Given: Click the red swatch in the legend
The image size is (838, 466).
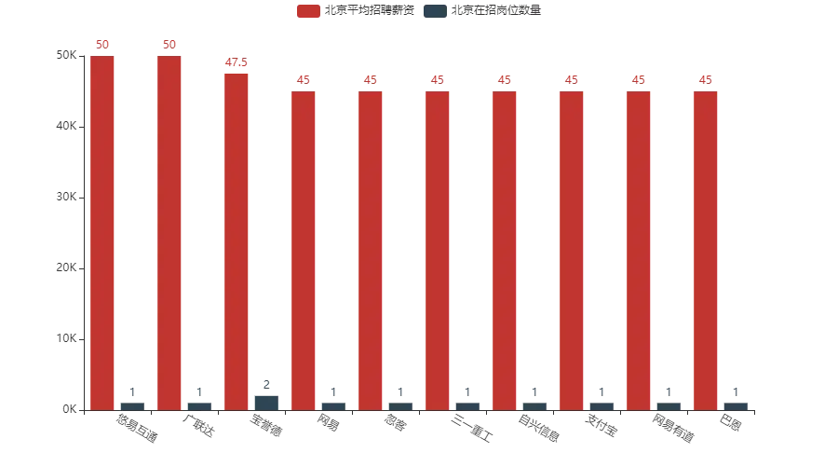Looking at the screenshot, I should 307,11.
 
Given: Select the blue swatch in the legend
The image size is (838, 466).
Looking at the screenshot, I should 434,11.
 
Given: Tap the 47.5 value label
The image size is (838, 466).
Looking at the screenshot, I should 237,63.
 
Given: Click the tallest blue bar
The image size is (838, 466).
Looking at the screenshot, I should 267,402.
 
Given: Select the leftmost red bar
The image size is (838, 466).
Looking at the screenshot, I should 103,232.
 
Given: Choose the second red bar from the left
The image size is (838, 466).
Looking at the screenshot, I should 170,232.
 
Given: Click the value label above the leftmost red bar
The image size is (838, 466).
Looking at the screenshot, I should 103,45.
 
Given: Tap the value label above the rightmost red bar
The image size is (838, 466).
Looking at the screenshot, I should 707,81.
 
